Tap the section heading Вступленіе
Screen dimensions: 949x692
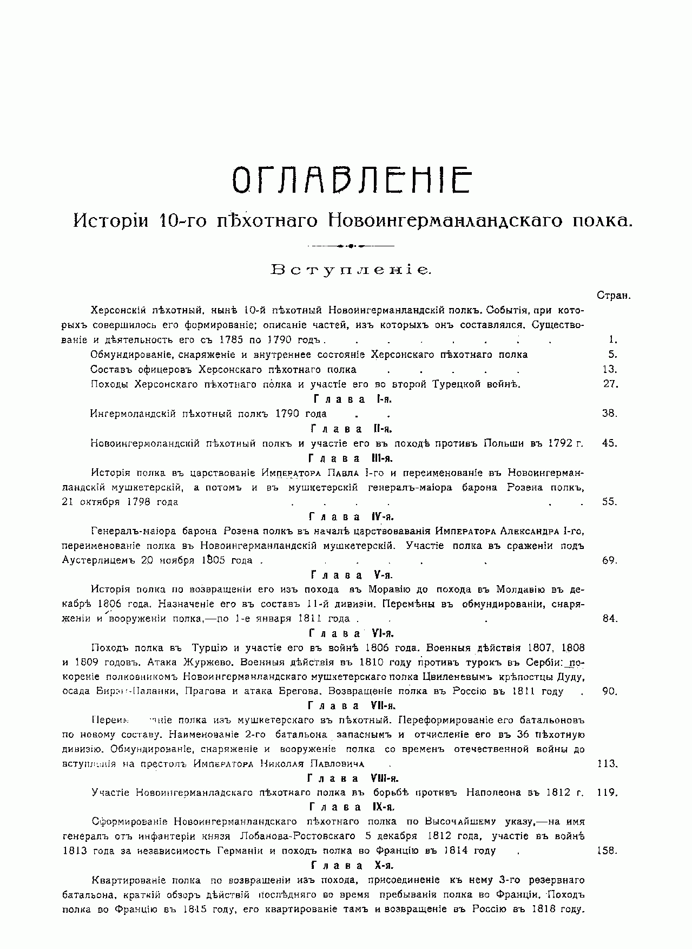[x=351, y=270]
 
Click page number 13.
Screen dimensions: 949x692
[x=610, y=370]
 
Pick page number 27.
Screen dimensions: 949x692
[x=610, y=384]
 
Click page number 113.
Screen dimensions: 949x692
[x=607, y=764]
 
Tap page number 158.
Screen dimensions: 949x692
[x=607, y=850]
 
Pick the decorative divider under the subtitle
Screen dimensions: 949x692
[x=351, y=246]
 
